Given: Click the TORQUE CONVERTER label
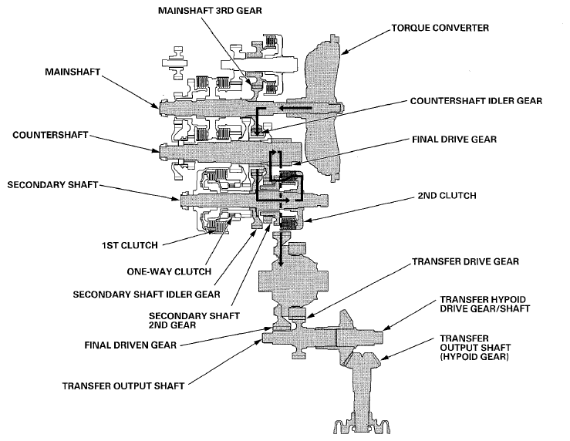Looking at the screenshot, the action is point(440,28).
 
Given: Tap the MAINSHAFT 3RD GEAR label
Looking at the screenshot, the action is point(210,10).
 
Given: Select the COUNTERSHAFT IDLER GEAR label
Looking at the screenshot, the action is point(476,101).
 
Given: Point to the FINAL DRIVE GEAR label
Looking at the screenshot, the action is point(454,139).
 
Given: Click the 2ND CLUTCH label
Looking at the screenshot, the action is point(447,195).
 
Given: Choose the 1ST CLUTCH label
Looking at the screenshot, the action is point(130,245).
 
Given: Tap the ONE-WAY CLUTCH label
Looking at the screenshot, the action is point(169,271).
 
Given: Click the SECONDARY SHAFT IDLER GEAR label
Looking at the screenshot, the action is point(147,295).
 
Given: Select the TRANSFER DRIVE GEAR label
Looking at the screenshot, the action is point(465,261).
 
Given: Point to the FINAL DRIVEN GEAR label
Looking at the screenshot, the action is point(130,345).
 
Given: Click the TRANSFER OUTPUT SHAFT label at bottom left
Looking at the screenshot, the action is point(123,385).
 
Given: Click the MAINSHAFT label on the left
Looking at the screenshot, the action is point(73,72).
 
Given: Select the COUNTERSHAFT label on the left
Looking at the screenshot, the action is point(50,135).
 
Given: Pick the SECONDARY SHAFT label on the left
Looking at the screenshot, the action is point(52,185).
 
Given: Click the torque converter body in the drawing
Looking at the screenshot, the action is point(322,109).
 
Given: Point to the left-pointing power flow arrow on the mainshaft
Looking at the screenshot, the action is point(296,108).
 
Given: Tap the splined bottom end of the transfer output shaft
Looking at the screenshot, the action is point(362,425).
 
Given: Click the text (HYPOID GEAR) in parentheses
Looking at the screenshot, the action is point(474,357).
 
